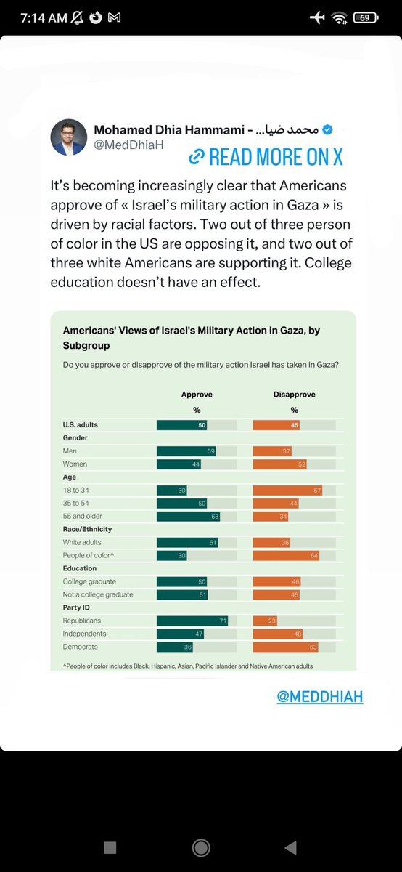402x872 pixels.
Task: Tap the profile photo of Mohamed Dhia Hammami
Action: [x=69, y=137]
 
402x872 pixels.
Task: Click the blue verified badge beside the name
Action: [x=327, y=129]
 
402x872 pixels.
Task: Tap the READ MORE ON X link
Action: [x=265, y=156]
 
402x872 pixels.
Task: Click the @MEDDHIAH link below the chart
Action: [x=319, y=696]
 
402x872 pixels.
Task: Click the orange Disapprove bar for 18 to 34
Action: [x=287, y=490]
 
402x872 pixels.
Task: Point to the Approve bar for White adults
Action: [x=187, y=542]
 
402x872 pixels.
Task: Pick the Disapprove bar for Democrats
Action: [x=285, y=647]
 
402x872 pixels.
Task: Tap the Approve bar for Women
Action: [x=179, y=464]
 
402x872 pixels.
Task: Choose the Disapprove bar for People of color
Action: [x=286, y=555]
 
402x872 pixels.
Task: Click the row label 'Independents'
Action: [x=85, y=634]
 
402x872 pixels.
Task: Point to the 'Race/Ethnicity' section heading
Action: [x=87, y=530]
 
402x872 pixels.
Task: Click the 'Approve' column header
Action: [x=196, y=395]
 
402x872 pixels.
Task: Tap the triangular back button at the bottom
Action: [x=290, y=847]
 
